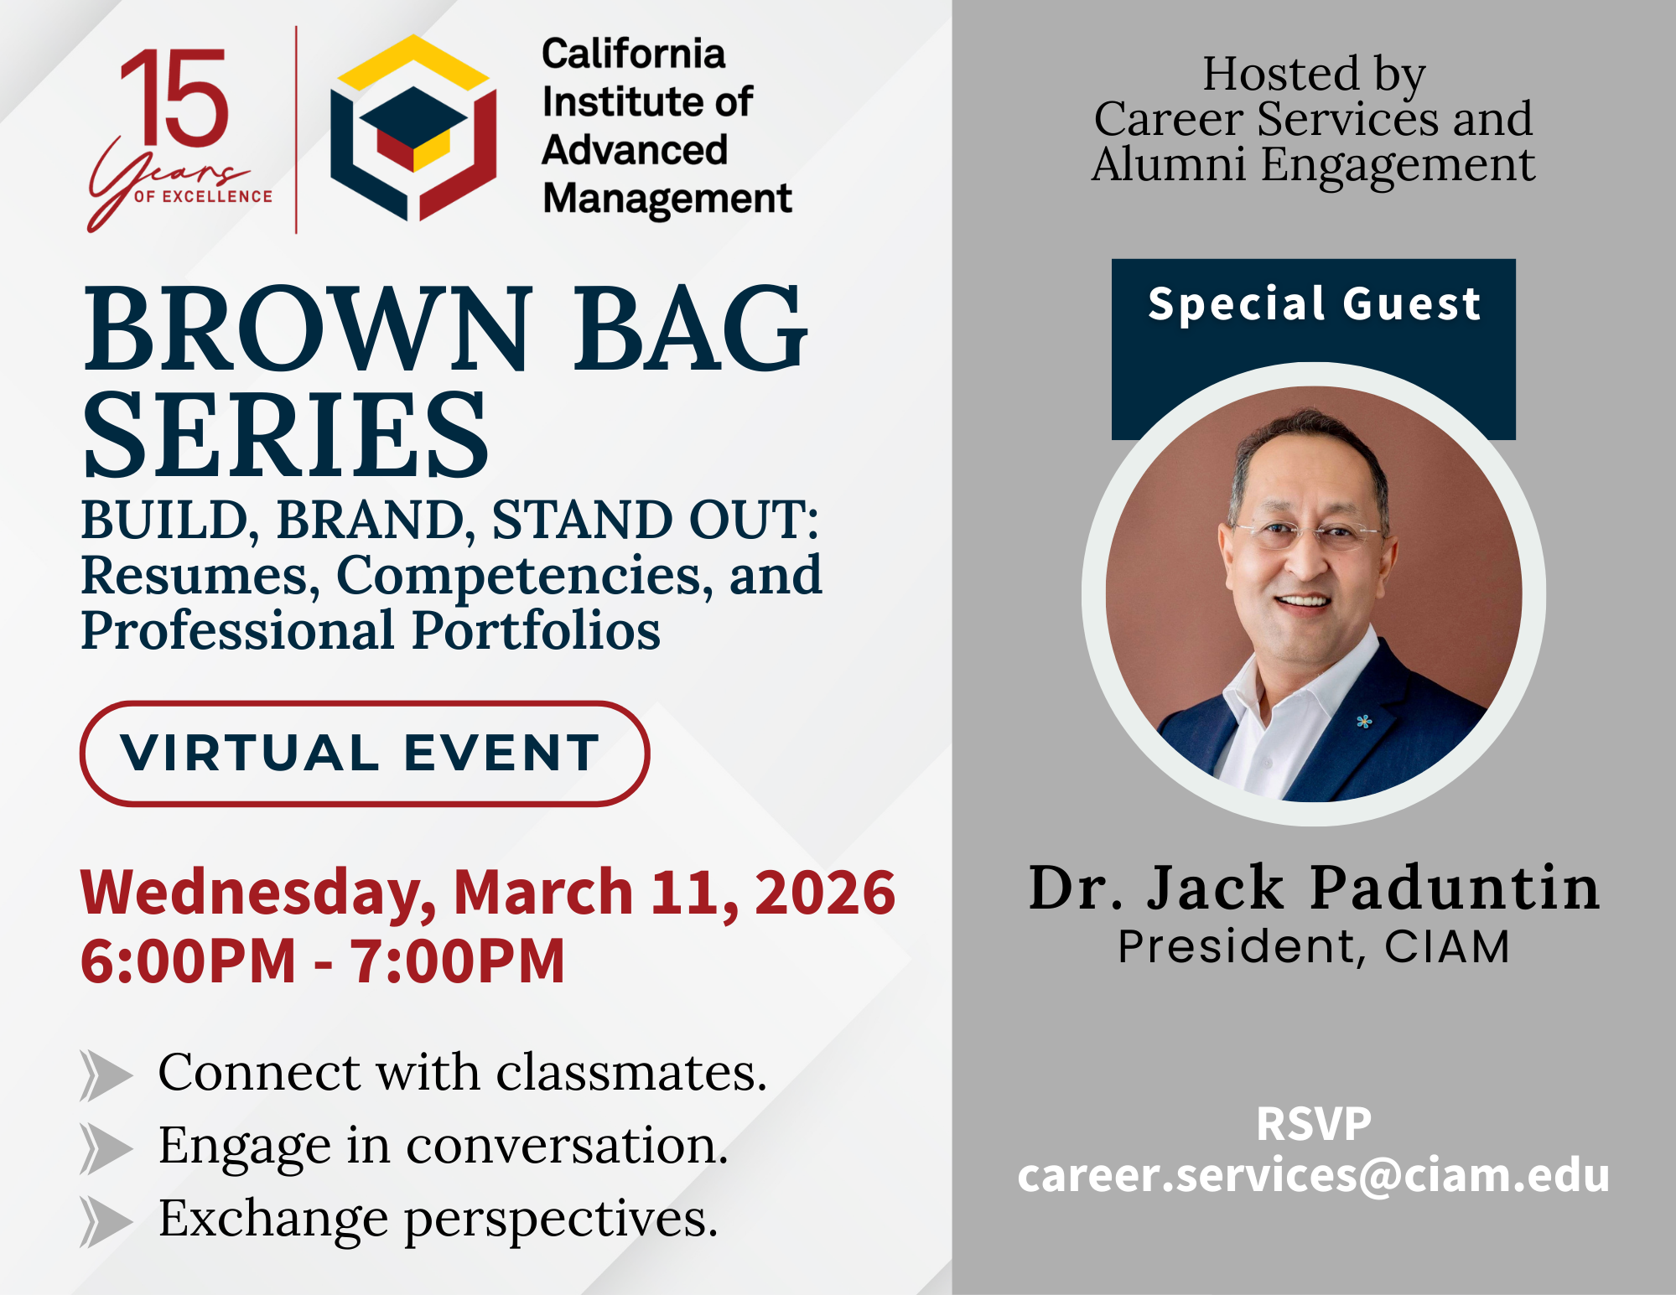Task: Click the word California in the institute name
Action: [634, 54]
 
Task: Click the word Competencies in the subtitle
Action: [519, 577]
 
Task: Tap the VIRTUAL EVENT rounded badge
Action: [365, 754]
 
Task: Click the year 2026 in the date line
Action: [825, 892]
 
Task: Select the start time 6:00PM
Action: [189, 961]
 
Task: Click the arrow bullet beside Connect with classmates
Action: [106, 1075]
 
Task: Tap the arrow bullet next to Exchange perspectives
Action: [106, 1221]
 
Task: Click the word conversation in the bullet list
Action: [568, 1146]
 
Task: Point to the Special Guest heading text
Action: [1314, 303]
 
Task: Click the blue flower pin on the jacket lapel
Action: [1364, 721]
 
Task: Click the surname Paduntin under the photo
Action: [1455, 888]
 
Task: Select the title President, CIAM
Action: [1314, 947]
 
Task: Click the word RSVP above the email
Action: [1314, 1124]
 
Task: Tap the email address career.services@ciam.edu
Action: [1314, 1175]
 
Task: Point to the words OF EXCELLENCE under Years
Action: [203, 197]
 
